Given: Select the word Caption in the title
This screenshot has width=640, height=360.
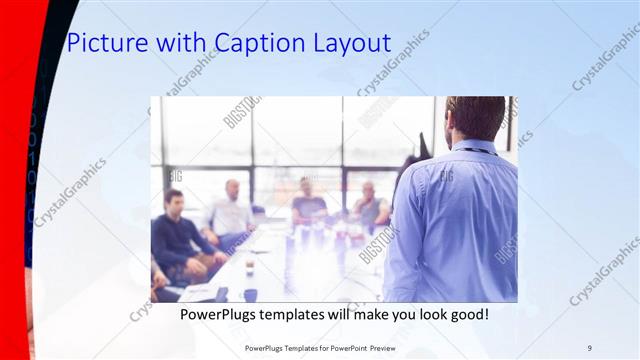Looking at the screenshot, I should pyautogui.click(x=250, y=43).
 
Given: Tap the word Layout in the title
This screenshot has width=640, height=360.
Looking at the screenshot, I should pyautogui.click(x=348, y=43).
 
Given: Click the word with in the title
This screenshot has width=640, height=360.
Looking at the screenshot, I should pyautogui.click(x=175, y=43).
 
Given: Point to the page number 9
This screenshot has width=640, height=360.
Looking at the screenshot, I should pyautogui.click(x=589, y=348).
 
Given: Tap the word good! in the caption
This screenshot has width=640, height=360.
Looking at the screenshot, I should pyautogui.click(x=467, y=314).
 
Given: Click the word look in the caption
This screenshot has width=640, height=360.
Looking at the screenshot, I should pyautogui.click(x=425, y=314).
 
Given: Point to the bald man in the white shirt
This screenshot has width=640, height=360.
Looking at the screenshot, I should pyautogui.click(x=231, y=212).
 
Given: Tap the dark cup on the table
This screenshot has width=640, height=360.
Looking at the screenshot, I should pyautogui.click(x=249, y=294).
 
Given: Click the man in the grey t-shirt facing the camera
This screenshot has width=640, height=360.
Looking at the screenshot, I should pyautogui.click(x=308, y=205).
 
